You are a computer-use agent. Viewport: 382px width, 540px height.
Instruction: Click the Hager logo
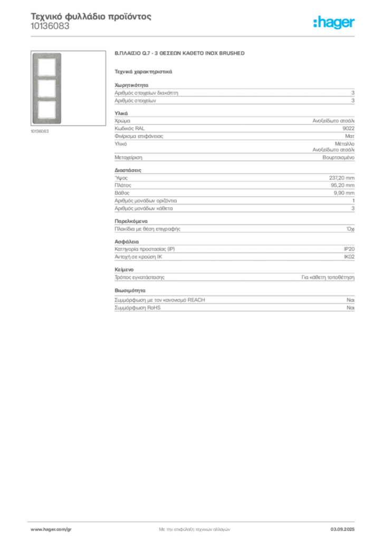pos(333,22)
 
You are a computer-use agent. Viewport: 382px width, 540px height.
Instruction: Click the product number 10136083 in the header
pos(50,26)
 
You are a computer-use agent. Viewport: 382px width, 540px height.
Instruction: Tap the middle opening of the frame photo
pos(47,89)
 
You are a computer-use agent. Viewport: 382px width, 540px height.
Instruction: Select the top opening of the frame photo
pos(47,67)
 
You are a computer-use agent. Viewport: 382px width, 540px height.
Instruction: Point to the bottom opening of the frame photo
pos(47,110)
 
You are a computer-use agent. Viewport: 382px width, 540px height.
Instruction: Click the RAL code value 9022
pos(348,129)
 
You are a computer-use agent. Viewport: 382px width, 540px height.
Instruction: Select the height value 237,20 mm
pos(341,178)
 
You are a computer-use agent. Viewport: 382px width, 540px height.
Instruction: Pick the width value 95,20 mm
pos(342,186)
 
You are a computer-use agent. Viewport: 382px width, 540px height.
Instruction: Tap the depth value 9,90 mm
pos(344,193)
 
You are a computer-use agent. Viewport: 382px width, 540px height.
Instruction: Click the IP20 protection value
pos(349,249)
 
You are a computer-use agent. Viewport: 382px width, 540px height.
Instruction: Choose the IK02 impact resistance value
pos(349,257)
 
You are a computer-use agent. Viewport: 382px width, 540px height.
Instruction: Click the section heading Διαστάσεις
pos(128,170)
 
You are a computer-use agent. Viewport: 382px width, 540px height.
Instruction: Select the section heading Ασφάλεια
pos(127,242)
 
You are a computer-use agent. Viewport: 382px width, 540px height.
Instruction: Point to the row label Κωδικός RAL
pos(129,129)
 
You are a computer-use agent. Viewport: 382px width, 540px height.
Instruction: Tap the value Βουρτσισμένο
pos(338,157)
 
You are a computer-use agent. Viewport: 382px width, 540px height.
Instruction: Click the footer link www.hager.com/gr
pos(51,529)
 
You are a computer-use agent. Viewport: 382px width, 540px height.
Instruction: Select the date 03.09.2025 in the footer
pos(342,529)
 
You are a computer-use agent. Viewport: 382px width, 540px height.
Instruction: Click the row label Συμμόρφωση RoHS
pos(137,308)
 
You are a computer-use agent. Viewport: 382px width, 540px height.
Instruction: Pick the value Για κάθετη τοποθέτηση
pos(328,277)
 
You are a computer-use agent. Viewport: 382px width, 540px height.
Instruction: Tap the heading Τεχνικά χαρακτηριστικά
pos(144,72)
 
